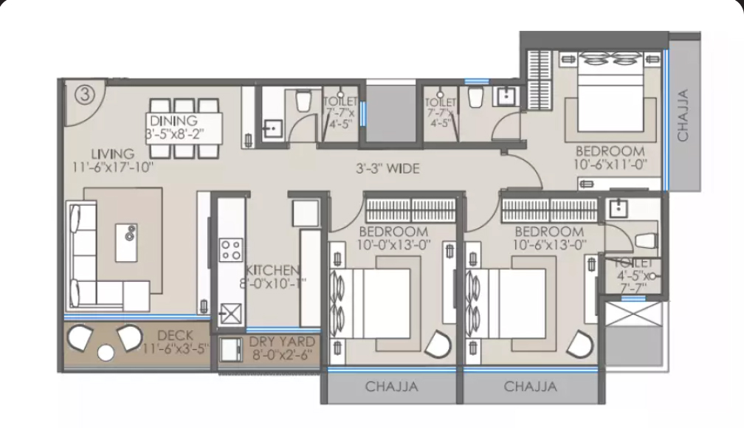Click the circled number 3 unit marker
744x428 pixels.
[85, 94]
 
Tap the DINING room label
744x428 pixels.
[173, 120]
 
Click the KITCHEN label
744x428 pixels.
[273, 270]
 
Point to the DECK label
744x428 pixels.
[175, 336]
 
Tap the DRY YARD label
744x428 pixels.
[282, 342]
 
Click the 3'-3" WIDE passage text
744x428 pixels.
[387, 168]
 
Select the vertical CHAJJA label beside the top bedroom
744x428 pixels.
[683, 115]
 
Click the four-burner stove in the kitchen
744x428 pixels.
[231, 250]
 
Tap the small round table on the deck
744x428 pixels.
[106, 353]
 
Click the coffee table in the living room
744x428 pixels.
[127, 243]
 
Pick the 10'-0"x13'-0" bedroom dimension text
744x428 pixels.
[394, 244]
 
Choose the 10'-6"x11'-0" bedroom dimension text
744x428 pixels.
[610, 164]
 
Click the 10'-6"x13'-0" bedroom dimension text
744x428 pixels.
[549, 244]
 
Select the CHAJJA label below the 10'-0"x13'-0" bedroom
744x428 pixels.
[391, 387]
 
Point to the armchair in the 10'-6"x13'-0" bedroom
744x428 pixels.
[580, 344]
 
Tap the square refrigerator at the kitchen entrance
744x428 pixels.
[306, 213]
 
